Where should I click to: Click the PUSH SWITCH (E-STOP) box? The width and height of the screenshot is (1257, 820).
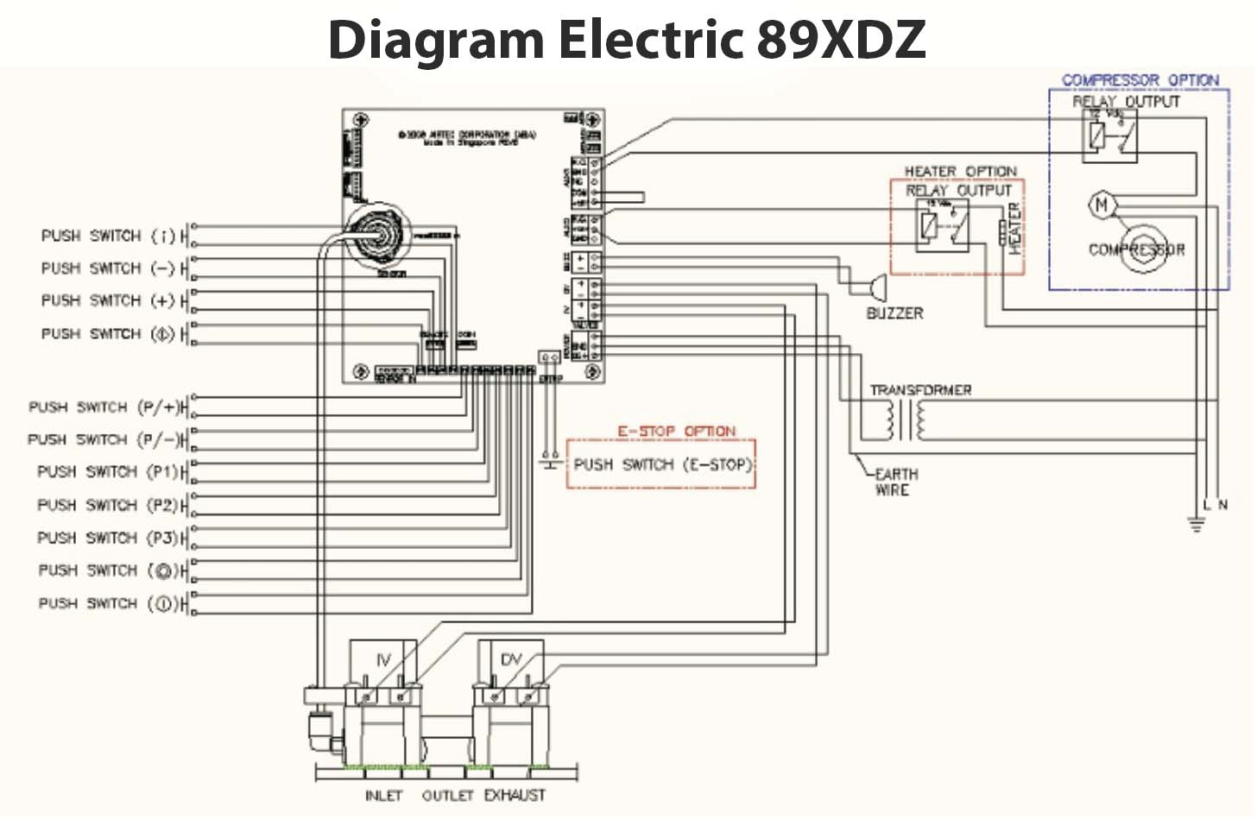660,464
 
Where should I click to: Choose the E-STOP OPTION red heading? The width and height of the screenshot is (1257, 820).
676,431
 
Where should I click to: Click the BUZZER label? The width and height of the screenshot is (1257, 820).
894,313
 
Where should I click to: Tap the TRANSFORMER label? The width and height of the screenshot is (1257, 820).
920,390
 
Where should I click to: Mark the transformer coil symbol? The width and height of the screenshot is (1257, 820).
903,420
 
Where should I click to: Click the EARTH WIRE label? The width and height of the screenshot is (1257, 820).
895,482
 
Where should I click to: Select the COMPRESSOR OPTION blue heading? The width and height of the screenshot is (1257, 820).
1140,80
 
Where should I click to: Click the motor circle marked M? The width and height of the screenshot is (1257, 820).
1101,205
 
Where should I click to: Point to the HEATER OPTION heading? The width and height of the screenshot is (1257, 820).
960,172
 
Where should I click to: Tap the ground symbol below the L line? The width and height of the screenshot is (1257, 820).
1196,524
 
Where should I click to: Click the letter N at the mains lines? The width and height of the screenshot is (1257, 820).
1222,504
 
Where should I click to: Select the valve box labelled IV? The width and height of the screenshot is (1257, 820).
383,660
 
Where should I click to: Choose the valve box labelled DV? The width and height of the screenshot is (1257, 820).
511,660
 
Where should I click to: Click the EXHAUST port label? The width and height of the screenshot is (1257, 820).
515,795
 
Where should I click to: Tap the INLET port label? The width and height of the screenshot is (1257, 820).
383,795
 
